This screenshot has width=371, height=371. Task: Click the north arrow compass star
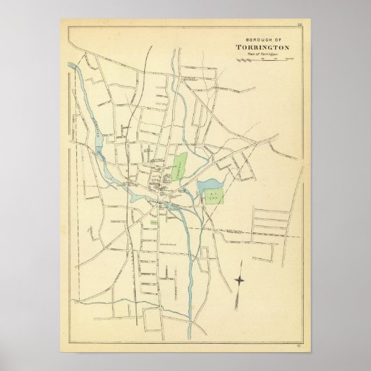pos(239,280)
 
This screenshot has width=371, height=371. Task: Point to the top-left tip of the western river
pos(69,64)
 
